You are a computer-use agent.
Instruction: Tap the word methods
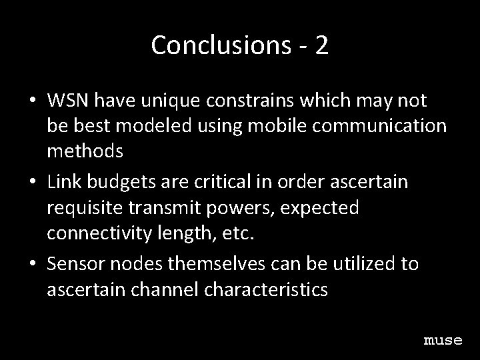coord(85,151)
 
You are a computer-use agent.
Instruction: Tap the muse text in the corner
coord(443,341)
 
